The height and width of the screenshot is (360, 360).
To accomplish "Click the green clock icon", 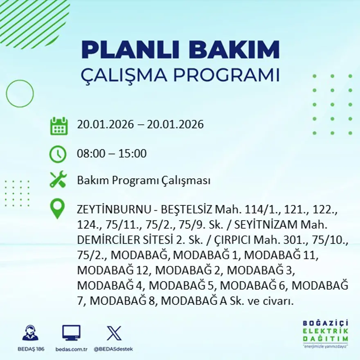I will coord(58,154).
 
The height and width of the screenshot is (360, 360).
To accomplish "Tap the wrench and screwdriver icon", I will coord(58,180).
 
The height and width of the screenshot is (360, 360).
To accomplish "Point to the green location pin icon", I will coord(57,208).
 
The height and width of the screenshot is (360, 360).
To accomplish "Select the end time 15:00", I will coord(133,154).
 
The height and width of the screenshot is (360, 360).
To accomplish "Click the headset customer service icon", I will coord(30,333).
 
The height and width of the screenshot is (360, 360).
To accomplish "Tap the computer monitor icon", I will coord(71,333).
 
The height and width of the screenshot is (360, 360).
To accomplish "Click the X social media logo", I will coord(114,333).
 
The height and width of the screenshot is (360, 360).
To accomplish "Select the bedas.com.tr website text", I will coord(71,349).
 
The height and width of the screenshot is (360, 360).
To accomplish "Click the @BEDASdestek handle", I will coord(113,349).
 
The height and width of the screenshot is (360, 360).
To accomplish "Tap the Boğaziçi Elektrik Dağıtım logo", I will coord(326,333).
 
